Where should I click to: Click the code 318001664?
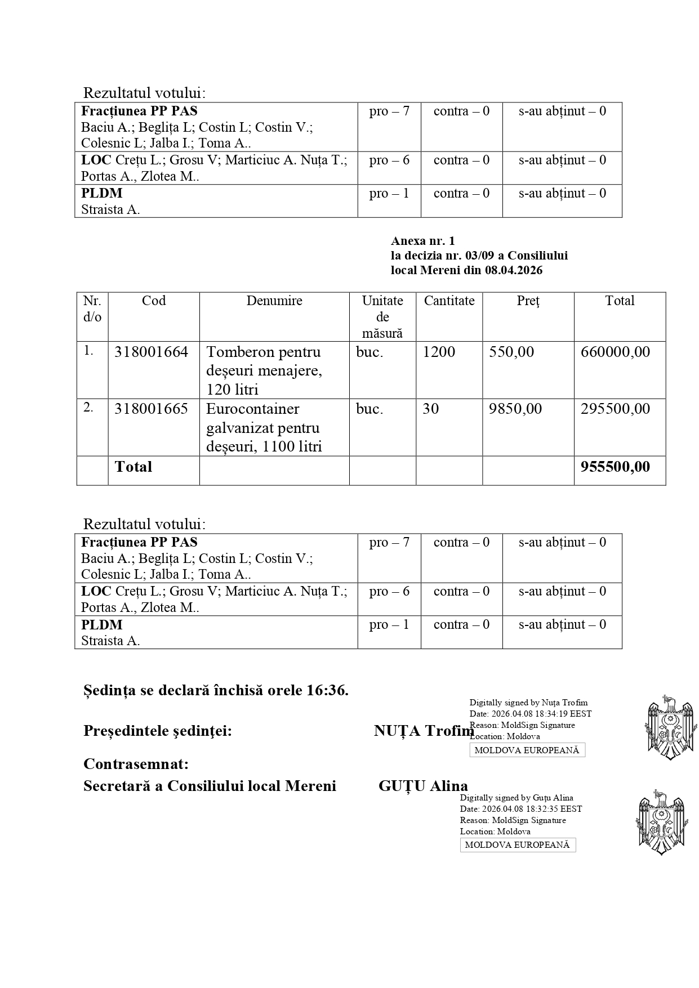click(x=151, y=352)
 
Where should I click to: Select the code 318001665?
click(x=151, y=409)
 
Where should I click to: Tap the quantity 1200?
click(x=438, y=352)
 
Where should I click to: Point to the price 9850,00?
click(x=515, y=409)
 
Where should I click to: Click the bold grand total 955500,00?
click(x=615, y=467)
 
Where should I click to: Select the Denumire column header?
click(x=274, y=301)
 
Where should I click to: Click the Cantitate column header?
click(x=449, y=301)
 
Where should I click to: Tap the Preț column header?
click(x=528, y=301)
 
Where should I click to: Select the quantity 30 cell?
click(x=431, y=409)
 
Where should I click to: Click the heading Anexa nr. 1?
click(x=422, y=242)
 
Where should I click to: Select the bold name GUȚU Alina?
click(x=423, y=786)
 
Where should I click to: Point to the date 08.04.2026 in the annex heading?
click(x=513, y=271)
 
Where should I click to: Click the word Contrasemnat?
click(x=136, y=765)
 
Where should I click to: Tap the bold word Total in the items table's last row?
click(x=133, y=467)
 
